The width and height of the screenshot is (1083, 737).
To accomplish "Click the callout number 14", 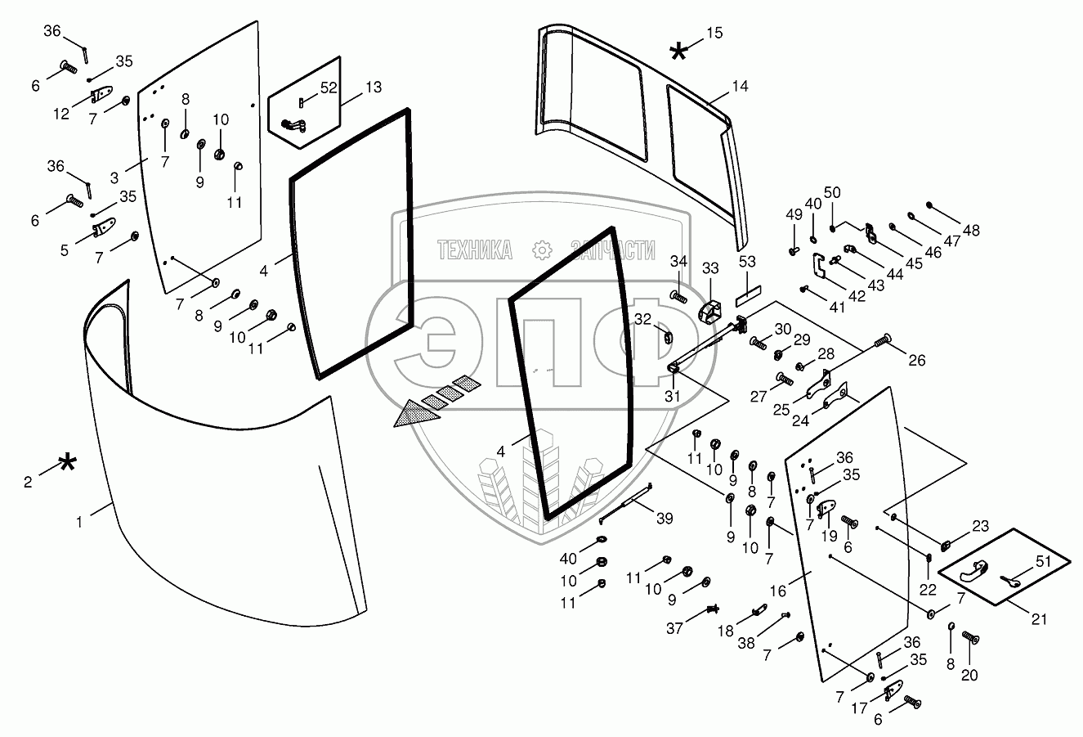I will pos(741,86).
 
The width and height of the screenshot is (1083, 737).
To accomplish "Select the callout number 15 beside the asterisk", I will pos(714,33).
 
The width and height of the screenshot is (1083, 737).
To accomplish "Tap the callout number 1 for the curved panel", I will pos(79,520).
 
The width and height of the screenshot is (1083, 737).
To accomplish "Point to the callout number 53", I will pos(747,262).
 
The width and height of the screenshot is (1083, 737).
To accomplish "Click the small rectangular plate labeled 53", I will pos(748,290).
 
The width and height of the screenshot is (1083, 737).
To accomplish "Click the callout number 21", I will pos(1038,619).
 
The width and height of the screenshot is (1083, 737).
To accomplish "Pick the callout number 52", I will pos(329,88).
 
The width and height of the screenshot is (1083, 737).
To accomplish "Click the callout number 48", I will pos(970,231).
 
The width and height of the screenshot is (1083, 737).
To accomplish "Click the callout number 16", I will pos(778,590).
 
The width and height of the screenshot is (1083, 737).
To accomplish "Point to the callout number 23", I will pos(979,526).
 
